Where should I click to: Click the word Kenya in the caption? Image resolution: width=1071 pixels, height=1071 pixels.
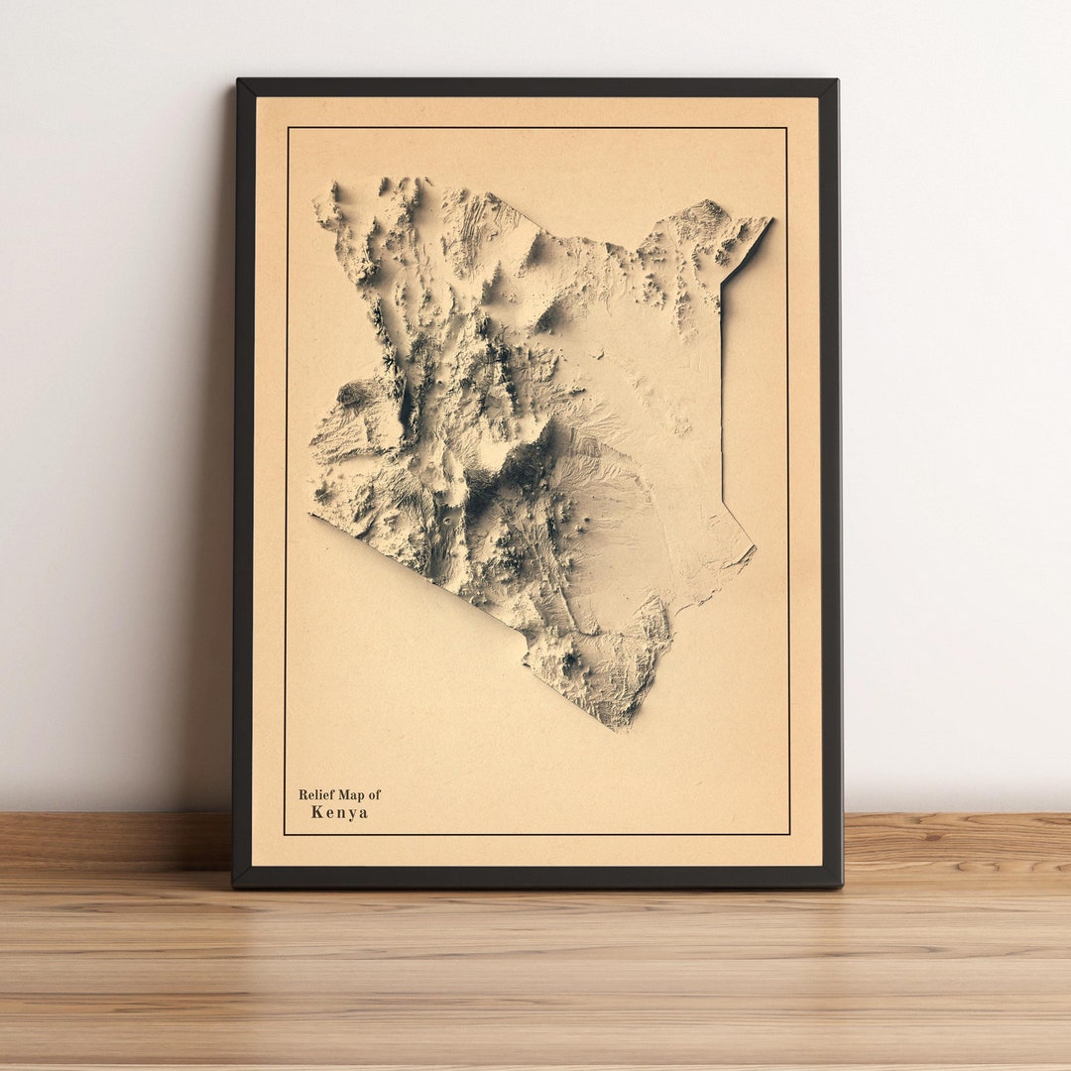click(339, 812)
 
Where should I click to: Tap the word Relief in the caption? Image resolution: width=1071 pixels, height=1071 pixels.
click(315, 794)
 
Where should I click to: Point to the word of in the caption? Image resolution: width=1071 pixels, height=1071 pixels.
click(374, 794)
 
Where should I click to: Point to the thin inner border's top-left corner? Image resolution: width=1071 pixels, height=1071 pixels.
click(288, 128)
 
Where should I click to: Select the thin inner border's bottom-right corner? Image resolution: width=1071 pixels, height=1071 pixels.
click(789, 833)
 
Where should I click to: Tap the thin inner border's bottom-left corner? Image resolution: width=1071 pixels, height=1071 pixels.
click(286, 834)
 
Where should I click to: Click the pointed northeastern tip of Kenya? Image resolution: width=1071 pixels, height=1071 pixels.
click(770, 220)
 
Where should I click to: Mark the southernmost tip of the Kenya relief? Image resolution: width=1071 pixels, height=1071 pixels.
click(623, 729)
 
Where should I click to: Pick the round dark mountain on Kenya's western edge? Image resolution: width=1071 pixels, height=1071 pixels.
click(352, 394)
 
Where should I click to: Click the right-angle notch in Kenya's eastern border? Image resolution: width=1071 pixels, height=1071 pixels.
click(722, 288)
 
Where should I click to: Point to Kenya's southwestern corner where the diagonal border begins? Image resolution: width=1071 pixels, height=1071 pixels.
click(311, 515)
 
